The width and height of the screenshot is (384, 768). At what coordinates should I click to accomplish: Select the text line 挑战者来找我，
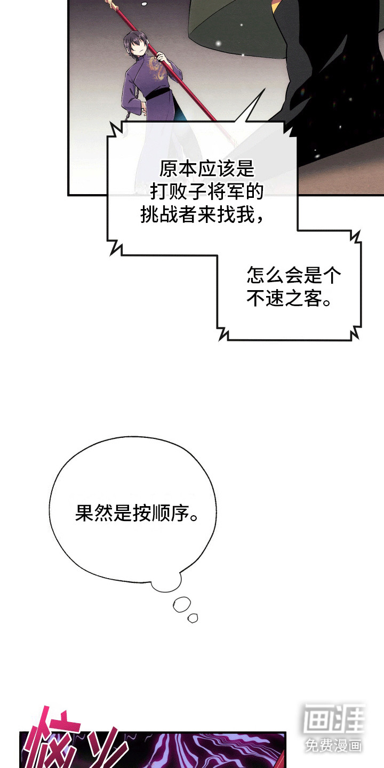click(x=201, y=215)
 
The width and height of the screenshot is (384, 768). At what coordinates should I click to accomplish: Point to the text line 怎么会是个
click(x=294, y=276)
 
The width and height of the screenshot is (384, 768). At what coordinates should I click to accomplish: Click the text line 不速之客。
click(x=289, y=299)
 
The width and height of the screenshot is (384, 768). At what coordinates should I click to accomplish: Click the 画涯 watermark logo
click(x=334, y=719)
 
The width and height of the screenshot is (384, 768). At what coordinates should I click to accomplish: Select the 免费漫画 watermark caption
click(x=334, y=745)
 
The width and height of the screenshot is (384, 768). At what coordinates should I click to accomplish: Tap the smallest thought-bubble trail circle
click(x=193, y=618)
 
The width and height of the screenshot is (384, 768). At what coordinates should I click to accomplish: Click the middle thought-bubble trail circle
click(x=181, y=604)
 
